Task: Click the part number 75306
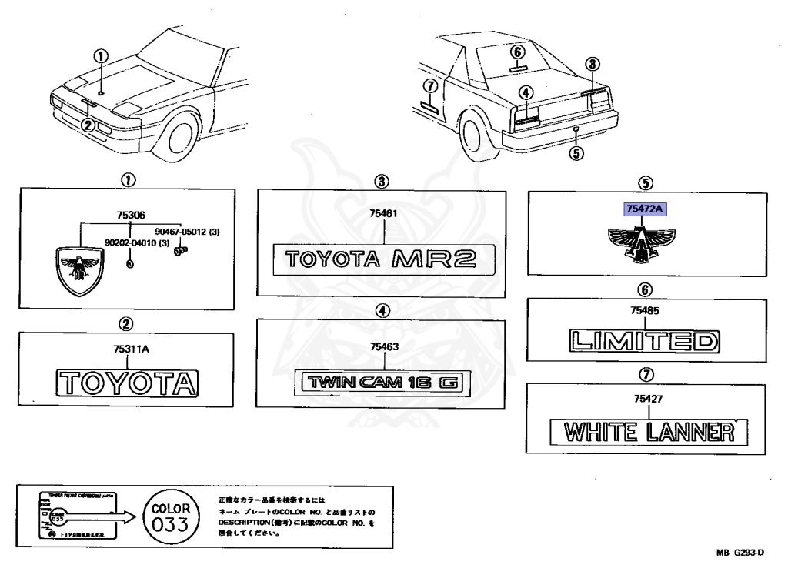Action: [130, 216]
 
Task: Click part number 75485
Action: [646, 312]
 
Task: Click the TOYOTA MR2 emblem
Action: [381, 259]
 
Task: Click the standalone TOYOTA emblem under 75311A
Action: [129, 383]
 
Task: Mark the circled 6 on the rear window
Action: [518, 52]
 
